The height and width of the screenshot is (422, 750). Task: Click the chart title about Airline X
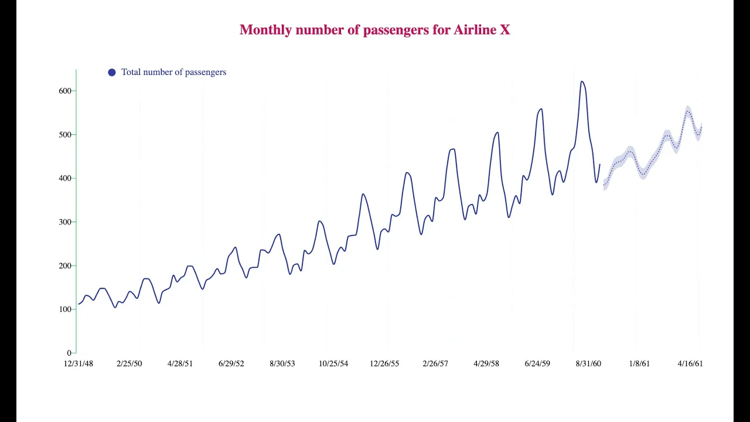pyautogui.click(x=374, y=30)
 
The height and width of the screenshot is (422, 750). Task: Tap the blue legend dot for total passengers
pyautogui.click(x=112, y=72)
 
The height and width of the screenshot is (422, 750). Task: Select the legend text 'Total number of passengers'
pyautogui.click(x=173, y=72)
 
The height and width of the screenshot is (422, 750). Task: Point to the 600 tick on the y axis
pyautogui.click(x=64, y=91)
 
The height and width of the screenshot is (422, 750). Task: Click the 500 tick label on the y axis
pyautogui.click(x=64, y=135)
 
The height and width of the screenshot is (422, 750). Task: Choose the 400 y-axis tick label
pyautogui.click(x=64, y=178)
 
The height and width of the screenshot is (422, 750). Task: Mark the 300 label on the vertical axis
pyautogui.click(x=64, y=222)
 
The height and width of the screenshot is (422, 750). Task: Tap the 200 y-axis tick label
pyautogui.click(x=64, y=266)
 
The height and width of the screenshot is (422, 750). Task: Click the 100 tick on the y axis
pyautogui.click(x=64, y=309)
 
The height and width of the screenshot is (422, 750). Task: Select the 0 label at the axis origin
pyautogui.click(x=69, y=353)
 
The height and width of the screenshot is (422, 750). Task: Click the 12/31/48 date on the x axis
pyautogui.click(x=79, y=363)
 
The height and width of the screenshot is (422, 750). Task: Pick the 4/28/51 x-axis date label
pyautogui.click(x=180, y=363)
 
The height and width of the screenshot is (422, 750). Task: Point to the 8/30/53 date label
pyautogui.click(x=282, y=363)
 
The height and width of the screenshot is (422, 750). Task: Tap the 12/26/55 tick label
pyautogui.click(x=384, y=363)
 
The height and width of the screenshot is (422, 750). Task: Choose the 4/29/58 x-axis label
pyautogui.click(x=486, y=363)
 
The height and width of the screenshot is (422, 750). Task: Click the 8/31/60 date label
pyautogui.click(x=588, y=363)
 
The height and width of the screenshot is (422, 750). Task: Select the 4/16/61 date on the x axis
pyautogui.click(x=690, y=363)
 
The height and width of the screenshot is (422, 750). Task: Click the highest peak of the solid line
pyautogui.click(x=582, y=81)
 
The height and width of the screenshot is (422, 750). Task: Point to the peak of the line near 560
pyautogui.click(x=541, y=109)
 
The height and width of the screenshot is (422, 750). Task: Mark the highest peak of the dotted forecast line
pyautogui.click(x=688, y=111)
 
